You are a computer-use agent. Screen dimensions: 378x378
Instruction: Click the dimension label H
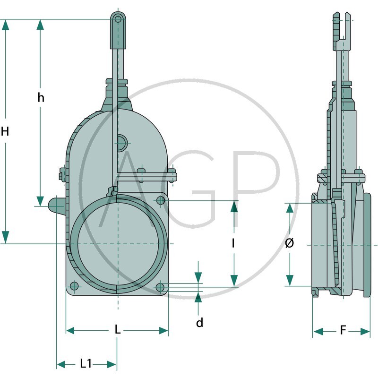5,132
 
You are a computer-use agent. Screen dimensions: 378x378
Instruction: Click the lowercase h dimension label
41,98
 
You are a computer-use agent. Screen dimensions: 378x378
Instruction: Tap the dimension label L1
86,363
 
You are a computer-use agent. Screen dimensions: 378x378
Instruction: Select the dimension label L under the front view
118,330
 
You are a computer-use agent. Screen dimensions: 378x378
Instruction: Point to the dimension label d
199,323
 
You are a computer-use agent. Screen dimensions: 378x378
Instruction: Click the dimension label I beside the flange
233,243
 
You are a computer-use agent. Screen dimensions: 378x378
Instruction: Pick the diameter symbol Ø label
290,243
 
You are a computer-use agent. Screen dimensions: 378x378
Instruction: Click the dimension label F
343,330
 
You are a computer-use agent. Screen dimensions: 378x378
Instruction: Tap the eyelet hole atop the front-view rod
118,19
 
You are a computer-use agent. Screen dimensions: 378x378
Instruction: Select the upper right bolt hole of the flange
161,201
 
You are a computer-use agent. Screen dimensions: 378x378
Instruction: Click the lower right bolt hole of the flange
161,286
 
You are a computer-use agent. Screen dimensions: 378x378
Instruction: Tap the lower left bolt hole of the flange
74,286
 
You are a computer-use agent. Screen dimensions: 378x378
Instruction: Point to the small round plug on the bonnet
121,141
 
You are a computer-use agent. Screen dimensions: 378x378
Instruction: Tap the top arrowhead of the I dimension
233,206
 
